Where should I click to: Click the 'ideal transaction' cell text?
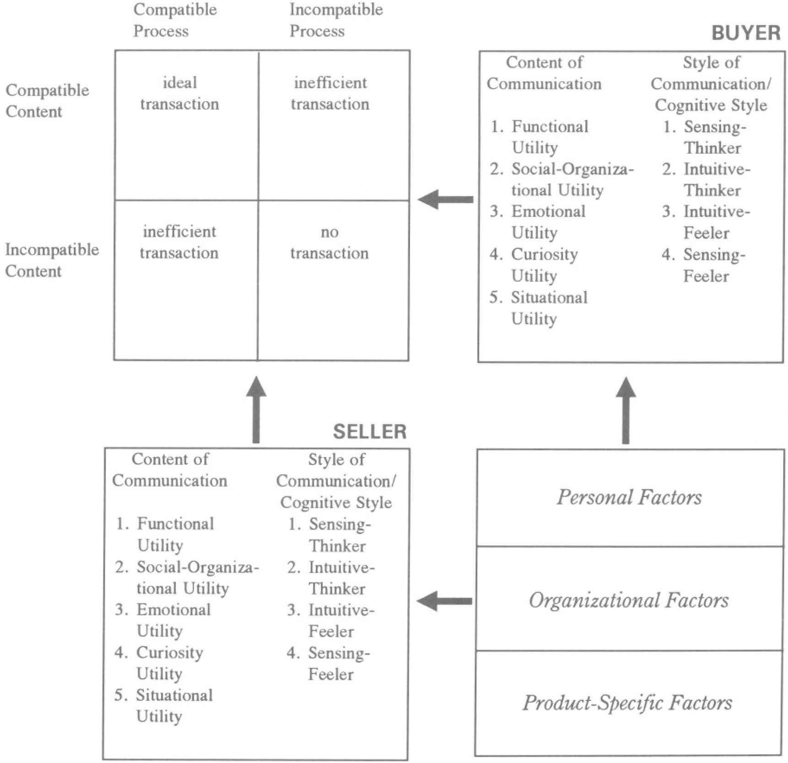(x=179, y=93)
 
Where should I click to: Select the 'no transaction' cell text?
(x=329, y=243)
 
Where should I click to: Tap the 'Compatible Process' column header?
(x=175, y=20)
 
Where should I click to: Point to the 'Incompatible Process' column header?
(x=336, y=20)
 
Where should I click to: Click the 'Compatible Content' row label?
(x=47, y=101)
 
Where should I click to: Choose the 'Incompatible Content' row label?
(x=52, y=260)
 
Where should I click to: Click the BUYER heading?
(x=746, y=33)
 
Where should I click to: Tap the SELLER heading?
(x=369, y=432)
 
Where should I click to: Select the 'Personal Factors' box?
(x=629, y=498)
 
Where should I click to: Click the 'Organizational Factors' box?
(x=629, y=600)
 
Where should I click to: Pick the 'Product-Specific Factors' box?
(x=627, y=703)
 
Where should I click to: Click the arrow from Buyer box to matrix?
(x=446, y=200)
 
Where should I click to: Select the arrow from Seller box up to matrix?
(x=256, y=410)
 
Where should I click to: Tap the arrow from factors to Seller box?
(x=444, y=601)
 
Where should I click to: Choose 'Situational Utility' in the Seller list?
(x=174, y=705)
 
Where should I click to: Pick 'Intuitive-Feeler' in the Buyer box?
(x=716, y=222)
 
